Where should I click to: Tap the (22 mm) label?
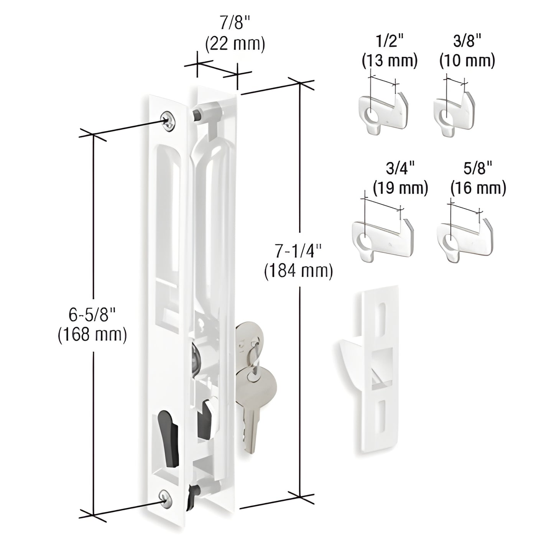click(x=235, y=44)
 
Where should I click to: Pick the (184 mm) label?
click(x=298, y=271)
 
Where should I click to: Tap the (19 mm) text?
click(x=400, y=188)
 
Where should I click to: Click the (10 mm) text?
click(x=467, y=61)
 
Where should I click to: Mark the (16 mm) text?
click(x=478, y=188)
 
